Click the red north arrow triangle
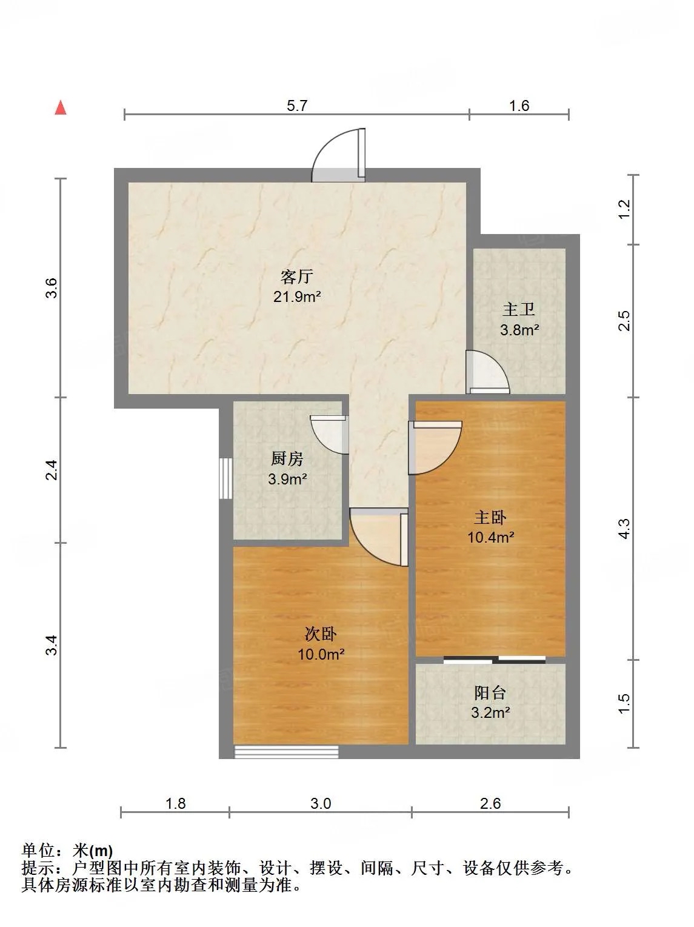[x=61, y=107]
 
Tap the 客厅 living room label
[x=297, y=276]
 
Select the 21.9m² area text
[x=297, y=296]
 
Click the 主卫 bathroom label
[x=519, y=310]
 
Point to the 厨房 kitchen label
[x=287, y=458]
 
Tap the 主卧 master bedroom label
[x=490, y=517]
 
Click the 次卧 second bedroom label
[x=321, y=634]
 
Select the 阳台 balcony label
[x=490, y=692]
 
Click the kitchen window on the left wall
[x=226, y=478]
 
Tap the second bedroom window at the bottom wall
[x=287, y=752]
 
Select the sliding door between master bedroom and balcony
[x=495, y=659]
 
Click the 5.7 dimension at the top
[x=297, y=105]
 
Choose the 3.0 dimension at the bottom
[x=321, y=803]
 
